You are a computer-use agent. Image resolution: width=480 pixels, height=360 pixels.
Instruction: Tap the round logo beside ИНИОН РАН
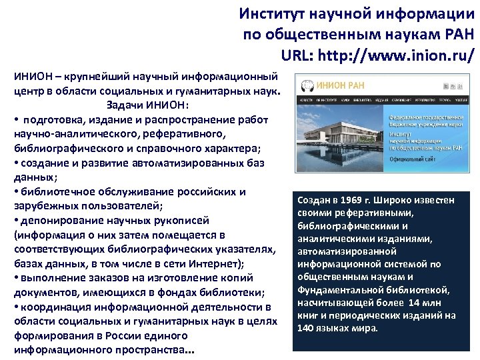tap(308, 86)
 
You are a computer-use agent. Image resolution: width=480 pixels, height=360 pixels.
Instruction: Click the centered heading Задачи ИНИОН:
tap(147, 104)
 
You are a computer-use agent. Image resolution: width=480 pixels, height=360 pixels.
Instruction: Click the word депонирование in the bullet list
tap(57, 221)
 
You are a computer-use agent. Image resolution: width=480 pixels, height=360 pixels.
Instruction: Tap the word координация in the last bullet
tap(53, 307)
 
